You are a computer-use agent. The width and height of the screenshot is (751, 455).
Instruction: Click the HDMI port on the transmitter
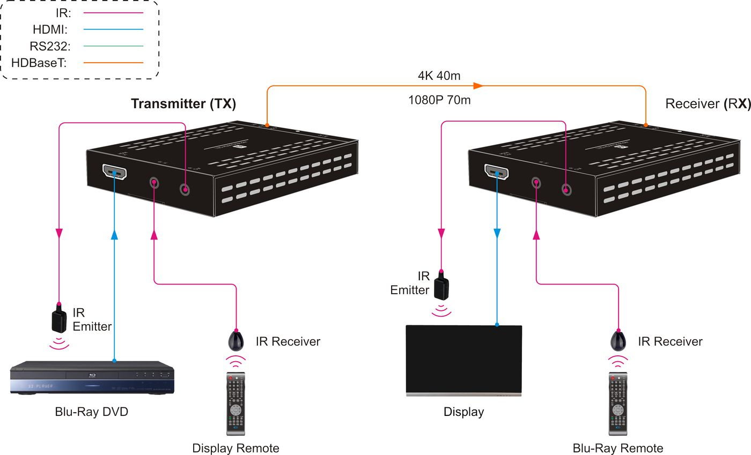114,173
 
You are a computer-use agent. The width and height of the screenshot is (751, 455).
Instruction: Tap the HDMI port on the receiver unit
496,172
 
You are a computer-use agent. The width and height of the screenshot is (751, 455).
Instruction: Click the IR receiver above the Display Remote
236,340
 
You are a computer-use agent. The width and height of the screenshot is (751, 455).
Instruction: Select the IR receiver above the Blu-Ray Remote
619,340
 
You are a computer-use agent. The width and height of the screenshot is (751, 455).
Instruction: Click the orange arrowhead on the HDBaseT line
478,86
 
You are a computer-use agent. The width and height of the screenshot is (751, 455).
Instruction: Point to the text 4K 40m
439,76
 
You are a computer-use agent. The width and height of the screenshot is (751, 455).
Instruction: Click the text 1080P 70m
439,100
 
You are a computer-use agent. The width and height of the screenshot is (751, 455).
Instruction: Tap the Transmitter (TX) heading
183,104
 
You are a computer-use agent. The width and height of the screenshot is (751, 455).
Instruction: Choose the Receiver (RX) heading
707,103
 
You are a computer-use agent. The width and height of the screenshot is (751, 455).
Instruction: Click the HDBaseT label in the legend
38,63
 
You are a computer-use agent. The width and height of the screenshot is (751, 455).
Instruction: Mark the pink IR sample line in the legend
113,12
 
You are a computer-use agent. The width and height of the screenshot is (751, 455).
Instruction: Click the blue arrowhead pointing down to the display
497,233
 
